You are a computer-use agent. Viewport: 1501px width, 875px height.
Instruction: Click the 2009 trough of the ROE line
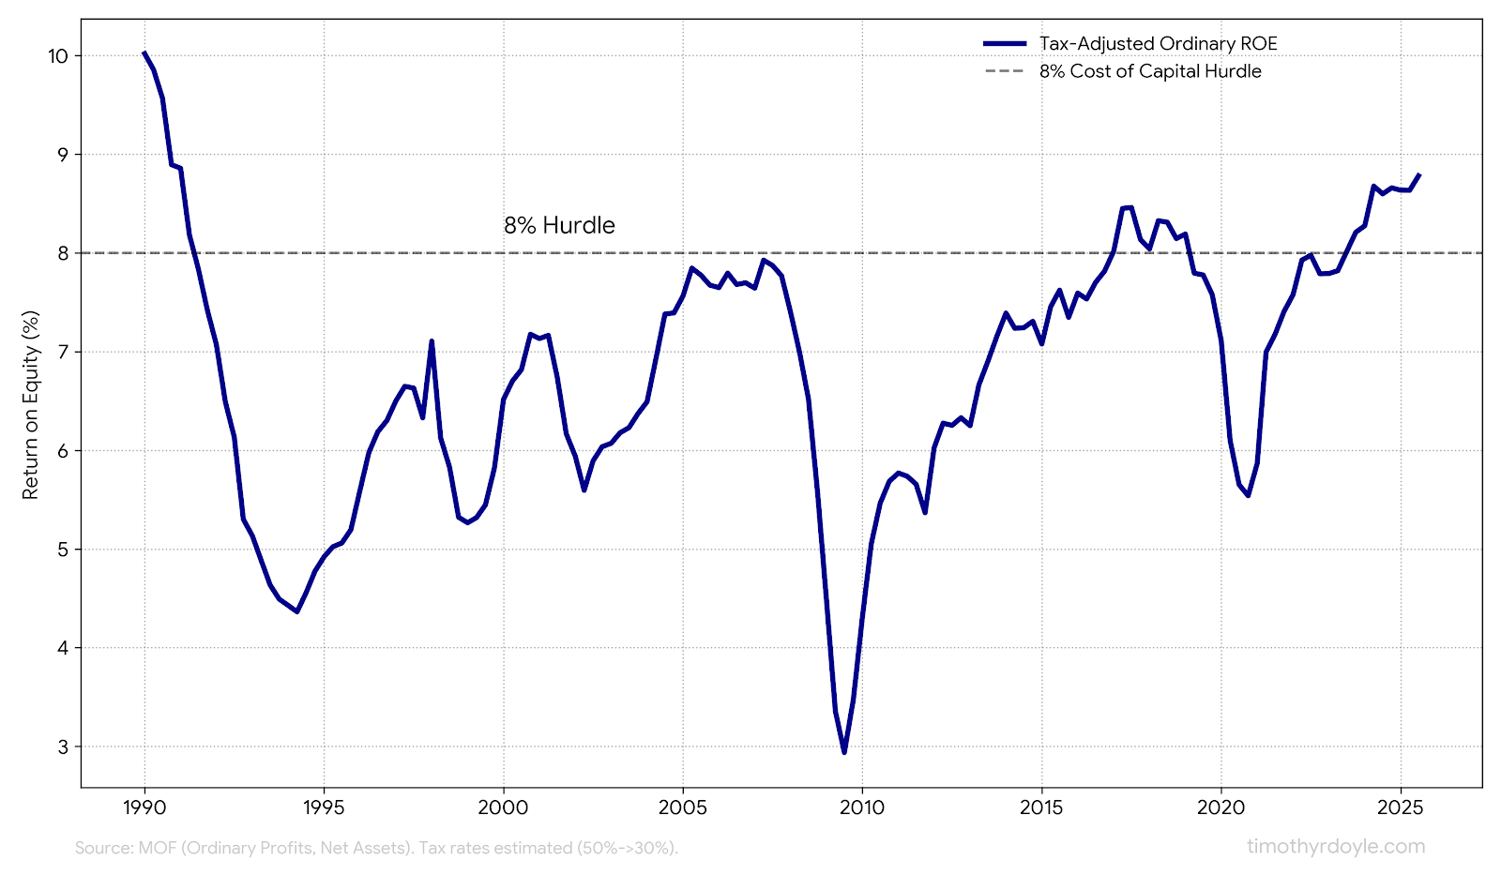(x=843, y=751)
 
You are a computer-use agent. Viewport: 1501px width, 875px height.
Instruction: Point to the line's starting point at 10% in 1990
(x=144, y=53)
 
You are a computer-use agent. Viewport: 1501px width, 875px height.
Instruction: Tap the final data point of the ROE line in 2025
(x=1418, y=174)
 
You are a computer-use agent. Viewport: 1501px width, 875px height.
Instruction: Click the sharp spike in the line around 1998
(x=432, y=341)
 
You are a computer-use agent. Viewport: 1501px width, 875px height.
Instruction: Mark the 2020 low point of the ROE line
(x=1248, y=494)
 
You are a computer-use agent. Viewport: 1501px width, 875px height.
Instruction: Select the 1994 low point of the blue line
(x=296, y=611)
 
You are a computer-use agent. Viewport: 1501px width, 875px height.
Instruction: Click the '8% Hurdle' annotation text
(x=559, y=226)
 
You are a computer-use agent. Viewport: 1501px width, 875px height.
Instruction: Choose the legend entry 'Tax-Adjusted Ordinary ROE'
(x=1158, y=44)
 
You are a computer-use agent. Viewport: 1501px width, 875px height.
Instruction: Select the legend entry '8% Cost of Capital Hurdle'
(x=1149, y=71)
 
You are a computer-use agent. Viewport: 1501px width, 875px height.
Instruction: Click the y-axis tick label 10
(x=59, y=56)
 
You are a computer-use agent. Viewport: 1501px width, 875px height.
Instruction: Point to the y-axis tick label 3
(x=64, y=747)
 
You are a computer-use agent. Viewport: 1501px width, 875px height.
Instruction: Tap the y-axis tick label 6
(x=64, y=451)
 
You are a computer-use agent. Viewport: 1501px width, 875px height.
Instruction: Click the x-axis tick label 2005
(x=683, y=808)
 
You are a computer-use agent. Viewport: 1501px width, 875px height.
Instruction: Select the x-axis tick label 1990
(x=144, y=808)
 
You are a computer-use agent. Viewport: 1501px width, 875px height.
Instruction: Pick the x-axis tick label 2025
(x=1401, y=808)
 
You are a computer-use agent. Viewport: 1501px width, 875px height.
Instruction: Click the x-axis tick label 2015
(x=1041, y=808)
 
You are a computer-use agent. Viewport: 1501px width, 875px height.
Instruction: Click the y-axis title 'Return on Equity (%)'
(x=31, y=405)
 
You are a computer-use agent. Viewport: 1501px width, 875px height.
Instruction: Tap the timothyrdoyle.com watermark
(x=1335, y=847)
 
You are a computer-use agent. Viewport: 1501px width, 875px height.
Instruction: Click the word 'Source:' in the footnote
(x=103, y=848)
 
